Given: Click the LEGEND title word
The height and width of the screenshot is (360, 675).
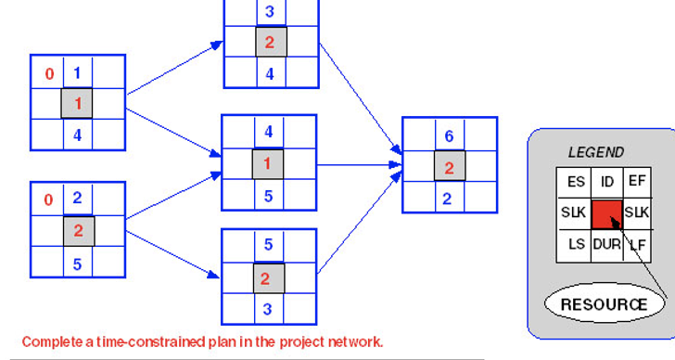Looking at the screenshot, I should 595,152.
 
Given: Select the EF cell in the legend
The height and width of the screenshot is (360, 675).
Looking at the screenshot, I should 635,182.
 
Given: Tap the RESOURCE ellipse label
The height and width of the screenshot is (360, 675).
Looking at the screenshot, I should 604,303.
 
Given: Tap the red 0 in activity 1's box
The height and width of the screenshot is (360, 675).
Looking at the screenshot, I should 49,73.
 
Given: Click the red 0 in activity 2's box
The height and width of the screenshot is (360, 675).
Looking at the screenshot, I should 49,199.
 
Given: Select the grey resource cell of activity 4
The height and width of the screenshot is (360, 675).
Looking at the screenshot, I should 268,164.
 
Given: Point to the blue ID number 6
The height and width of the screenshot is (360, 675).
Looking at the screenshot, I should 449,136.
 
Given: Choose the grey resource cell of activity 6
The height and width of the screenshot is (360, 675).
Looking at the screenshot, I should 449,168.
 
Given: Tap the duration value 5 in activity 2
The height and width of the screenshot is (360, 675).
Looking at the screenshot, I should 77,264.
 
